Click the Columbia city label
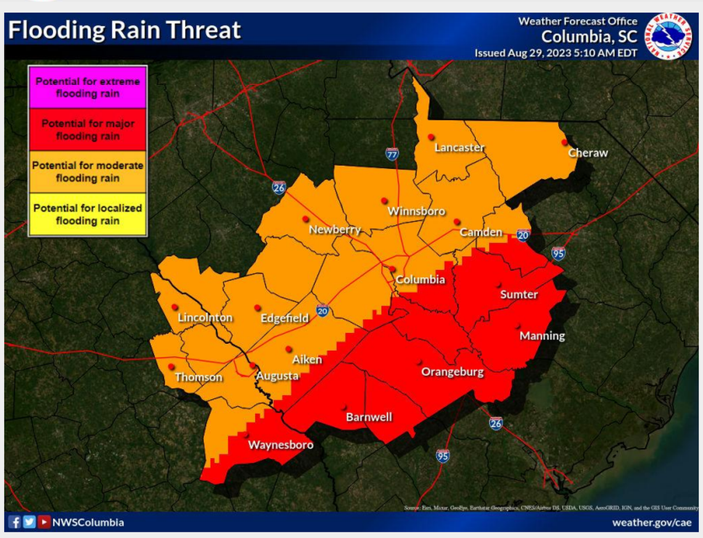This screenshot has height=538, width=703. pyautogui.click(x=420, y=279)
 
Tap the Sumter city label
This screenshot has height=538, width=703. pyautogui.click(x=519, y=295)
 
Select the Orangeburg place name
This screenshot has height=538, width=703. pyautogui.click(x=452, y=372)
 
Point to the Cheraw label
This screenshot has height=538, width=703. pyautogui.click(x=587, y=153)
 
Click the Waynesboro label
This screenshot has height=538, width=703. pyautogui.click(x=280, y=444)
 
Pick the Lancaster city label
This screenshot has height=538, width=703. pyautogui.click(x=459, y=147)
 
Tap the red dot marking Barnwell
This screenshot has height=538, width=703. pyautogui.click(x=344, y=406)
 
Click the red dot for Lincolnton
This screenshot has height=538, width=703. pyautogui.click(x=175, y=306)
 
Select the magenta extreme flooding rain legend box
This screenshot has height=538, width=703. pyautogui.click(x=88, y=88)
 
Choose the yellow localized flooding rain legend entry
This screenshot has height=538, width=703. pyautogui.click(x=88, y=214)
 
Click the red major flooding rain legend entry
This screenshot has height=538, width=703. pyautogui.click(x=88, y=130)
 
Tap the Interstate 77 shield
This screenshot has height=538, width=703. pyautogui.click(x=391, y=153)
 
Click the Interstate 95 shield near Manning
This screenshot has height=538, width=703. pyautogui.click(x=557, y=253)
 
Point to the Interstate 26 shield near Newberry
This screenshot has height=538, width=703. pyautogui.click(x=278, y=187)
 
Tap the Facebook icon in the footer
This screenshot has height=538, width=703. pyautogui.click(x=15, y=523)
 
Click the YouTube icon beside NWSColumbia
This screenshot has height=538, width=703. pyautogui.click(x=44, y=523)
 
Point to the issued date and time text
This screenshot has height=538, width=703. pyautogui.click(x=556, y=53)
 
